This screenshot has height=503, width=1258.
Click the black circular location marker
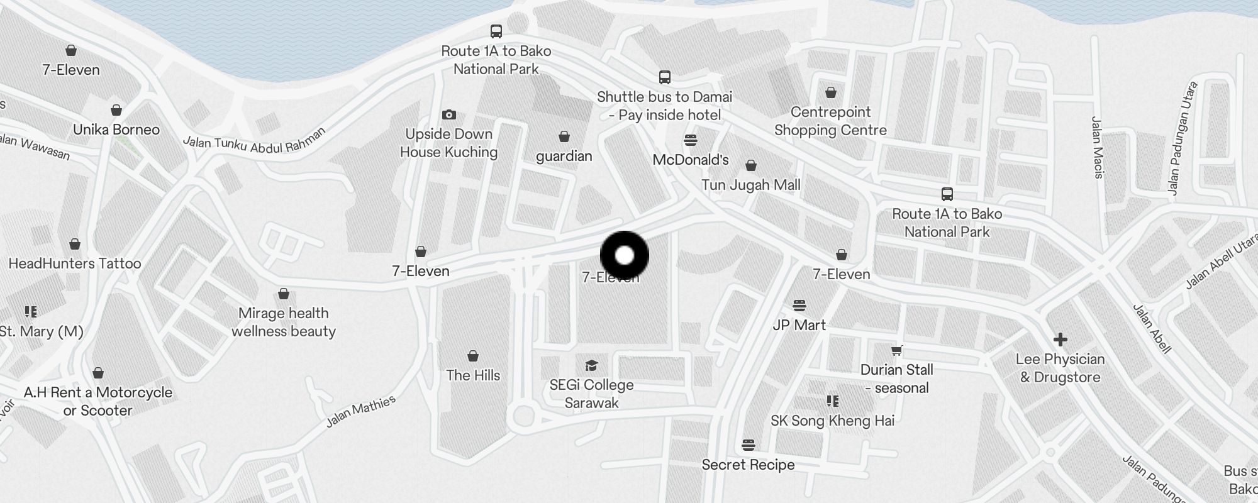click(624, 255)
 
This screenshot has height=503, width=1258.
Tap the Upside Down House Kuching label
click(448, 143)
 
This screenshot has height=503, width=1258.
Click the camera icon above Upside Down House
click(448, 114)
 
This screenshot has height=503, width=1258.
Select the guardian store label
click(564, 156)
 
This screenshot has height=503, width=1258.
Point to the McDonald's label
click(690, 160)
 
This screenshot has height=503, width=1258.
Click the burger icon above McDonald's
click(690, 140)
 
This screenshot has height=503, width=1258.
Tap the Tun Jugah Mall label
click(750, 185)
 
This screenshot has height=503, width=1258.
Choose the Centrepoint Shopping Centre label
click(830, 121)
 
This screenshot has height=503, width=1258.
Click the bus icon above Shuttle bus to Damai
click(664, 77)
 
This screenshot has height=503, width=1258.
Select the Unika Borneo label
click(116, 130)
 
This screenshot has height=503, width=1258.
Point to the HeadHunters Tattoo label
click(75, 263)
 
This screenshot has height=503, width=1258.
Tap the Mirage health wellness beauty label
click(284, 322)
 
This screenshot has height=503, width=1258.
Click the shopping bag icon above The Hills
click(473, 357)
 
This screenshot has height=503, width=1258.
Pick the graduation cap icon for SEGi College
click(591, 365)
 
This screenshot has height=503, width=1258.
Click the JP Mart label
click(799, 325)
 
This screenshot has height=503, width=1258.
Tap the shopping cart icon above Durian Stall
click(896, 350)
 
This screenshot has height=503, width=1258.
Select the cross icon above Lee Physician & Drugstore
click(1060, 340)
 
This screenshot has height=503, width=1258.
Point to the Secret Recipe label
click(748, 465)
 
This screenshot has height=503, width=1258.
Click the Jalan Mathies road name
click(360, 411)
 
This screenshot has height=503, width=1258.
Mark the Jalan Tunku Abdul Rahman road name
click(254, 141)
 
